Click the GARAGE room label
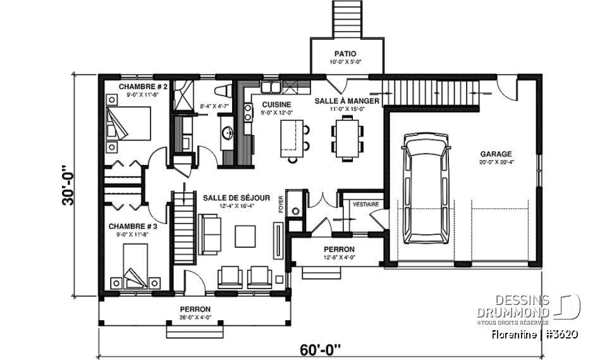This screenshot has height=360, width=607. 496,153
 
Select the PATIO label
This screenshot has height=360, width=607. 346,54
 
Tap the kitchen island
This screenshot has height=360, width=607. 290,138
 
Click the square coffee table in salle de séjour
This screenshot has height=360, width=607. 245,236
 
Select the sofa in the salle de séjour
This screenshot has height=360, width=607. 210,233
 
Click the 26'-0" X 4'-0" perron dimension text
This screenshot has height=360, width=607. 195,318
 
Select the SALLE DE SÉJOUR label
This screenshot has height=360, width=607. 230,197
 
